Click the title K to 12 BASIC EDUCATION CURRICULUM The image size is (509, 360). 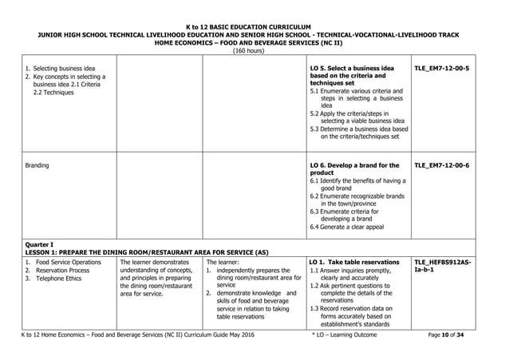(254, 26)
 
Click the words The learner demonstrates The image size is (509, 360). (156, 262)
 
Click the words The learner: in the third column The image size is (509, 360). (222, 262)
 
